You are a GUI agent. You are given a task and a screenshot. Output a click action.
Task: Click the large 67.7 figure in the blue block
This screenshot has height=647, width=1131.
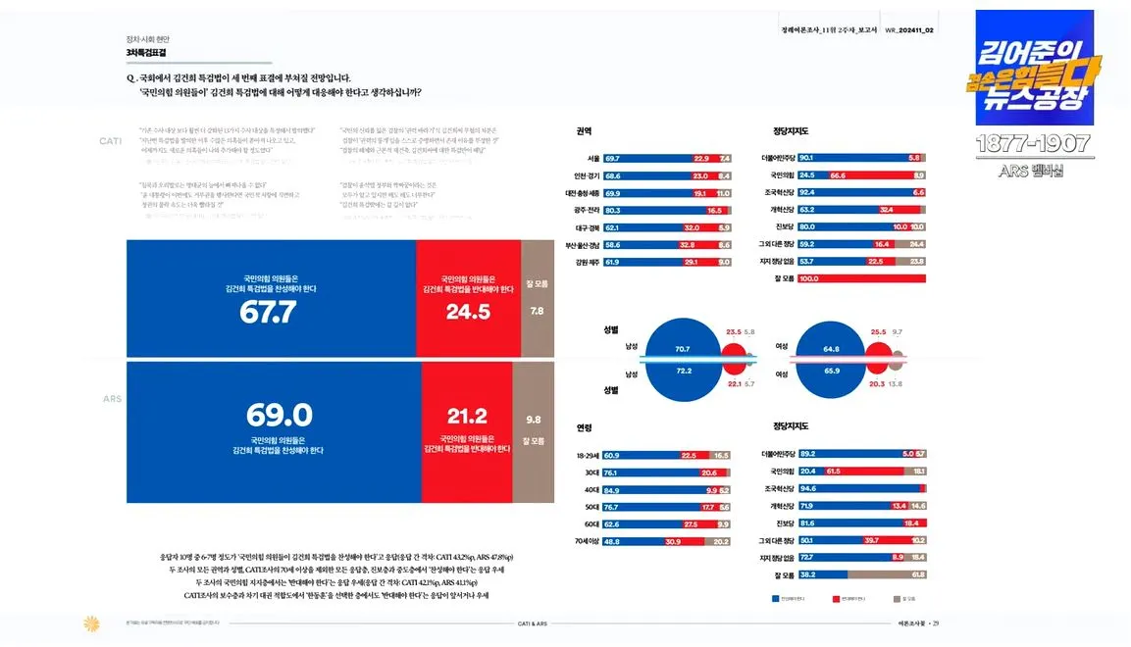tap(268, 313)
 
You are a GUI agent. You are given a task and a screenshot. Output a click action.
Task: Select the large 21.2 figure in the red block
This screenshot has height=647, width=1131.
tap(466, 416)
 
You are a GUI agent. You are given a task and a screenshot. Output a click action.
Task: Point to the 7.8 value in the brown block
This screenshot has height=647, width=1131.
tap(537, 311)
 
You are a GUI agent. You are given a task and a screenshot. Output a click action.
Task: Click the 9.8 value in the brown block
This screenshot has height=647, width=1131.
tap(533, 419)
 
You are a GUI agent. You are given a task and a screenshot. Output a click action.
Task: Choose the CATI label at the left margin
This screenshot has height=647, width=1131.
tap(111, 141)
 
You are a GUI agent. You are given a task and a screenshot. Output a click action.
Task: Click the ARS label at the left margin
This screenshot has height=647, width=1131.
tap(112, 400)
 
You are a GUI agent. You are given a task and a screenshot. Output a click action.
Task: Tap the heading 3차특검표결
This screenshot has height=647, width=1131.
tap(146, 52)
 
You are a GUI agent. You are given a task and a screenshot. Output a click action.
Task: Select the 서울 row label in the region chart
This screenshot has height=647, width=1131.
tap(593, 159)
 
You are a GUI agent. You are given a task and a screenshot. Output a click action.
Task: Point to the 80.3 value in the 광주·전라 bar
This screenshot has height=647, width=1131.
tap(613, 211)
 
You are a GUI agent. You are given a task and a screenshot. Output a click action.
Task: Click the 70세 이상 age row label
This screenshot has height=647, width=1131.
tap(589, 541)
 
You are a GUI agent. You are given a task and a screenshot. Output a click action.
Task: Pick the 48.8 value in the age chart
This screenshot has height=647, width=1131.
tap(611, 541)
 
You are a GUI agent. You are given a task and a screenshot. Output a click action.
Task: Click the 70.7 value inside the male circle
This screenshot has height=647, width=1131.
tap(683, 349)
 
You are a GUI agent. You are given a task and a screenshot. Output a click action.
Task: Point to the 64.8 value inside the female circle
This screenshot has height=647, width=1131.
tap(832, 349)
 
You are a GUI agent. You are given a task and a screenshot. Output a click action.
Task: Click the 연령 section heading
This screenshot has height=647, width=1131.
tap(585, 428)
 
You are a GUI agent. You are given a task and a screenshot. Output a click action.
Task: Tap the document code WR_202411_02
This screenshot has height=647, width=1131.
tap(909, 30)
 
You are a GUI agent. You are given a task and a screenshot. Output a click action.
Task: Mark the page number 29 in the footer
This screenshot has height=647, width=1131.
tap(937, 623)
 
